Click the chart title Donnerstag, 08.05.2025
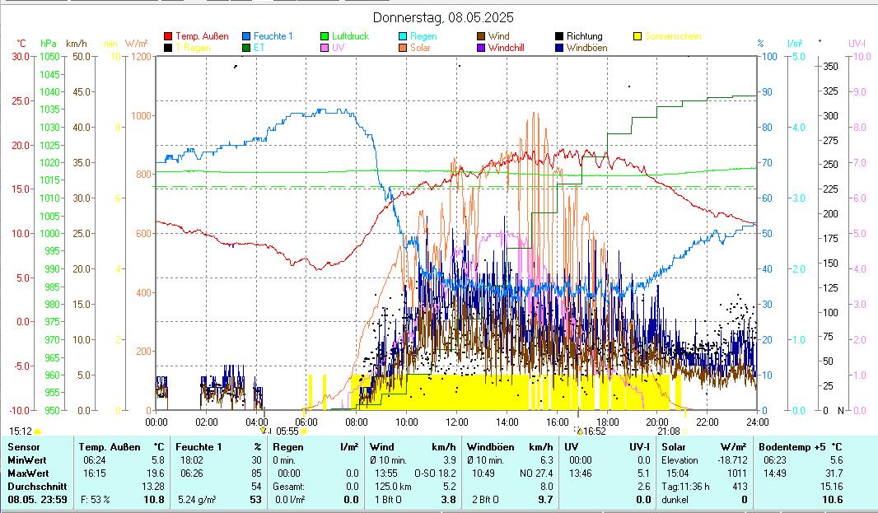click(x=443, y=17)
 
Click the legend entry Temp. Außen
click(x=202, y=36)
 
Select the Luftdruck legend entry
click(x=350, y=36)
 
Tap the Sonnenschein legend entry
click(x=673, y=36)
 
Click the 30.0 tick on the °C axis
click(x=21, y=57)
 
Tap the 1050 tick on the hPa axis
click(x=49, y=57)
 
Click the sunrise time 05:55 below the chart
click(x=287, y=431)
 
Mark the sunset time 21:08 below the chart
click(x=669, y=431)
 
